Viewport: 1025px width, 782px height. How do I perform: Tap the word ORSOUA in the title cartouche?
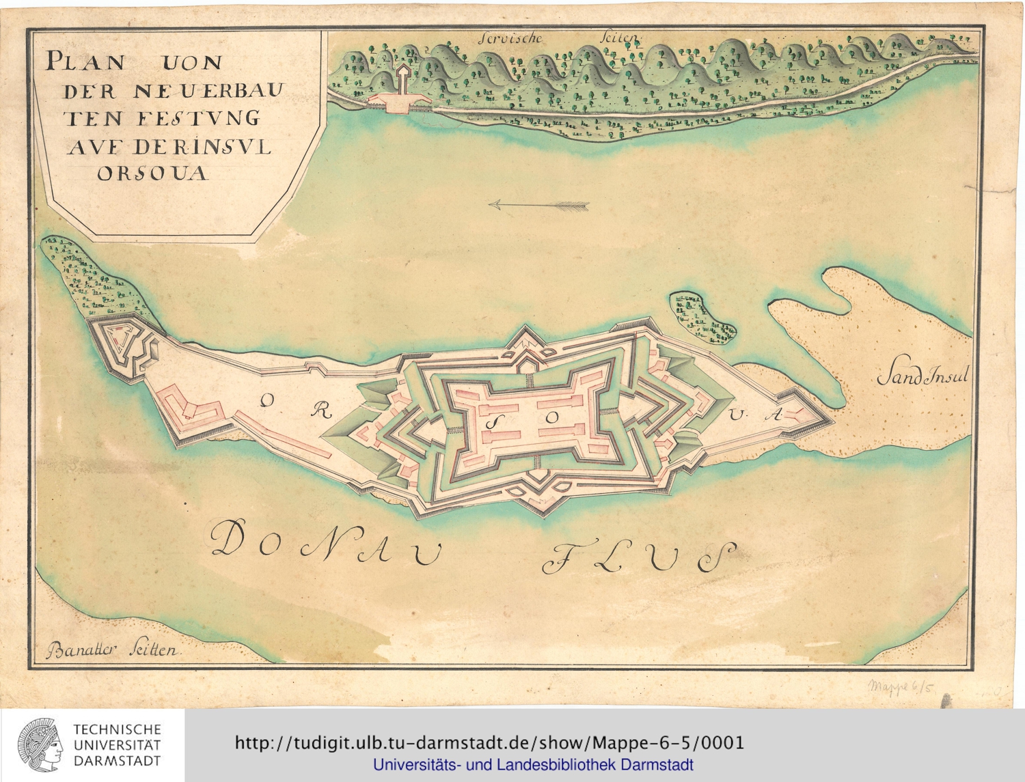click(x=152, y=173)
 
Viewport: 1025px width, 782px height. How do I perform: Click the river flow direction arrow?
click(x=539, y=204)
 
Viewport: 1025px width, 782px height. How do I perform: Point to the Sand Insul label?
click(x=922, y=376)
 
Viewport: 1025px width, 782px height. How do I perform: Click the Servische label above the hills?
click(x=510, y=38)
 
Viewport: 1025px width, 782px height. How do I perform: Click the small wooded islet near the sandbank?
click(x=702, y=316)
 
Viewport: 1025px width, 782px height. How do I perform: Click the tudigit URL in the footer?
click(x=489, y=742)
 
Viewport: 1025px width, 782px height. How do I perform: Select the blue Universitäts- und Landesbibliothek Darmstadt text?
click(x=533, y=765)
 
